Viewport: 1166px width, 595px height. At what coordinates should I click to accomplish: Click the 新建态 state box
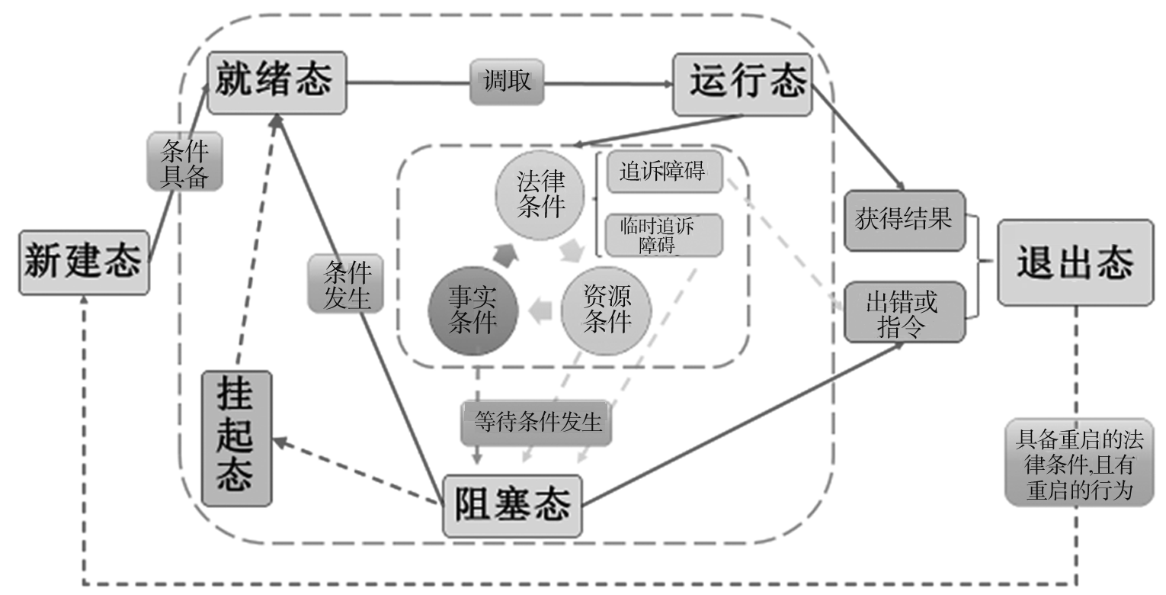(x=83, y=262)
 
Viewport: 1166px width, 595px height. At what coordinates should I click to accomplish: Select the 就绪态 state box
(x=277, y=82)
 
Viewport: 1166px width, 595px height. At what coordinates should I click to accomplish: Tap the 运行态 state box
(x=742, y=84)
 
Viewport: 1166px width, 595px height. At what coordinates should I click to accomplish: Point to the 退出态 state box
(x=1075, y=262)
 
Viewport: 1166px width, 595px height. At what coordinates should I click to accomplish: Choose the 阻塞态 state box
(x=512, y=506)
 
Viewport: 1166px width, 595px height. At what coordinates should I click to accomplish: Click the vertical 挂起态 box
(x=236, y=438)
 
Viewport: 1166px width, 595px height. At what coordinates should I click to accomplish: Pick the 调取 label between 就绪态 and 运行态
(x=507, y=82)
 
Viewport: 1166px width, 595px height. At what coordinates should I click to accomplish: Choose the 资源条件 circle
(x=607, y=310)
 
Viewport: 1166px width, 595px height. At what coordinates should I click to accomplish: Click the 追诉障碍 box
(x=664, y=173)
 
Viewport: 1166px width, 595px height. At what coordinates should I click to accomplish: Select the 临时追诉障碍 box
(x=663, y=235)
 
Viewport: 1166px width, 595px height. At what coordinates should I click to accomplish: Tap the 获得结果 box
(x=905, y=220)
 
